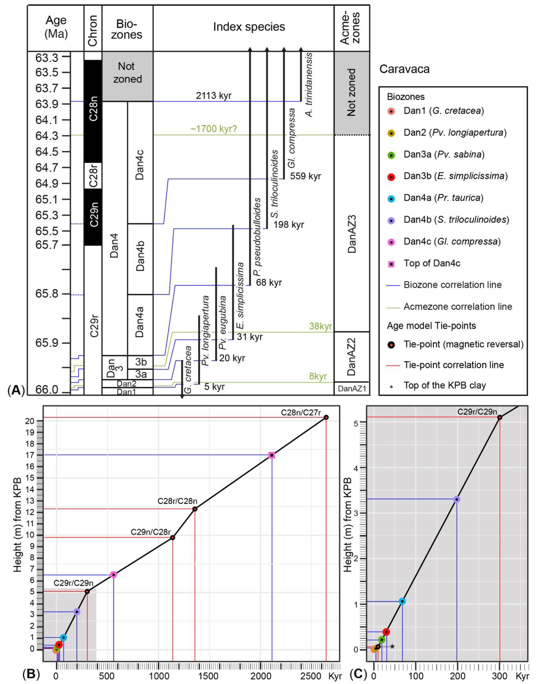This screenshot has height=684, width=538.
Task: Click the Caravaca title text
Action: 404,69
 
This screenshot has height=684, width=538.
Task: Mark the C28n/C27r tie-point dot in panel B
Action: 326,417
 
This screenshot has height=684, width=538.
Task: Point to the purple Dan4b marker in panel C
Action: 456,499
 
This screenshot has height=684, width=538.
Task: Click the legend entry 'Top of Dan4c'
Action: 432,263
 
